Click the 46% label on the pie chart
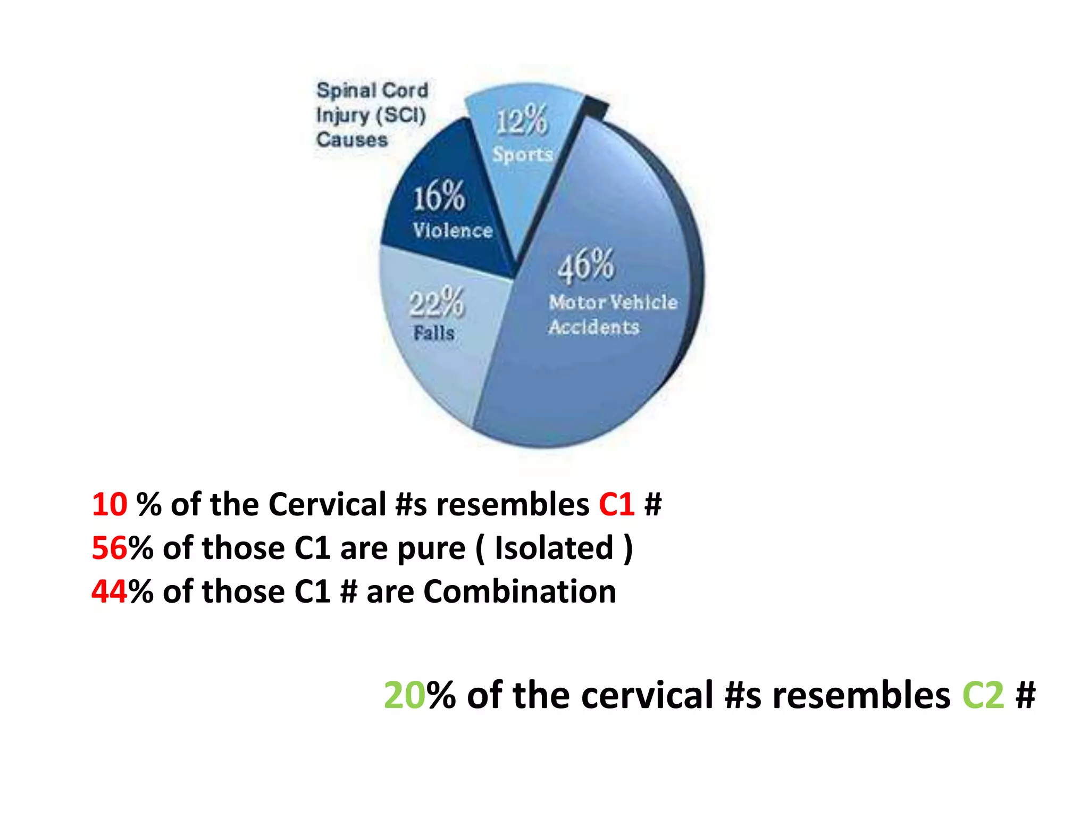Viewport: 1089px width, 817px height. point(585,265)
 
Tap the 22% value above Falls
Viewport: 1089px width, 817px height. point(437,303)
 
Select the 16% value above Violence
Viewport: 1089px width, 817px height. point(439,196)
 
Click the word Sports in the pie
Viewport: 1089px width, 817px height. point(522,154)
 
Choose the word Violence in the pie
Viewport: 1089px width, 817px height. point(453,230)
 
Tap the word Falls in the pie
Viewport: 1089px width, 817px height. point(434,334)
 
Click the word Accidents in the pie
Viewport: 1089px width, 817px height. point(594,327)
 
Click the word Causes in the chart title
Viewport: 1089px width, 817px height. point(352,140)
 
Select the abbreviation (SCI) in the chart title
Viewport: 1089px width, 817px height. point(401,115)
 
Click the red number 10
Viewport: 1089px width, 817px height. point(110,504)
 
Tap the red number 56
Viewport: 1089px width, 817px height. point(110,548)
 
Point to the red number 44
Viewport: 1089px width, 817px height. point(110,591)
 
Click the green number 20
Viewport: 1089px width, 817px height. point(404,695)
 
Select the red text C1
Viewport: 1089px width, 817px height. point(616,504)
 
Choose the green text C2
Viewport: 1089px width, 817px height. point(983,695)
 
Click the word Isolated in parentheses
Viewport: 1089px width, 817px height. point(554,548)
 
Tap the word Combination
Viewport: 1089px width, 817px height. point(520,591)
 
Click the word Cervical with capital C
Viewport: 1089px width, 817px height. point(327,504)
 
